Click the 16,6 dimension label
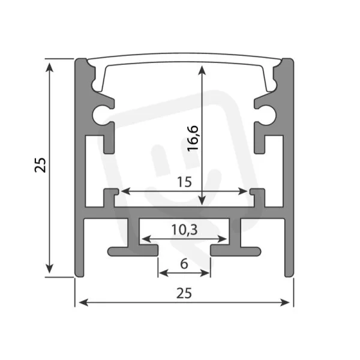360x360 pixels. click(x=193, y=138)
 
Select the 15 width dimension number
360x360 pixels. click(x=184, y=182)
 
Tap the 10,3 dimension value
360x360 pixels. click(x=184, y=230)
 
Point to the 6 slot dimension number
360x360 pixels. click(x=184, y=264)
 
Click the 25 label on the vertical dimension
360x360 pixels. click(x=40, y=165)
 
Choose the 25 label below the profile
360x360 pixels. click(x=184, y=293)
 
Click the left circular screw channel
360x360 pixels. click(x=101, y=115)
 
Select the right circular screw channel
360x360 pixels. click(x=268, y=115)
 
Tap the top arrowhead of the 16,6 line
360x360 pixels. click(x=202, y=70)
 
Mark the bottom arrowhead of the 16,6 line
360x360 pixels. click(x=202, y=200)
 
